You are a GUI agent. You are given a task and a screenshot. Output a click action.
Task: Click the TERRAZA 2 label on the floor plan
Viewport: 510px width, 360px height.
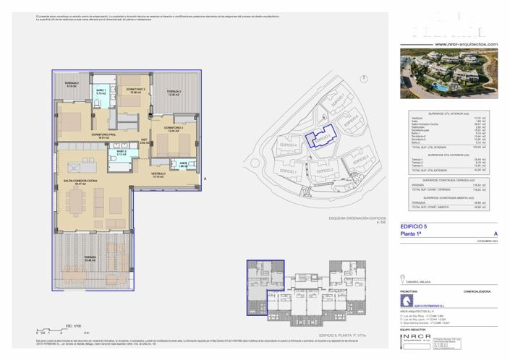click(x=72, y=85)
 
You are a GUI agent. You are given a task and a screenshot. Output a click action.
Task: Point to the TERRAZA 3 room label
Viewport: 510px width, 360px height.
click(x=171, y=93)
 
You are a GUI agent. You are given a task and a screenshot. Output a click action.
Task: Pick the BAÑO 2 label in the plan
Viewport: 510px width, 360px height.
click(x=101, y=153)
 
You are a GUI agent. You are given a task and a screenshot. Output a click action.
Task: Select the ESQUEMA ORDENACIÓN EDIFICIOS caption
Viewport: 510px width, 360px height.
click(x=356, y=217)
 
